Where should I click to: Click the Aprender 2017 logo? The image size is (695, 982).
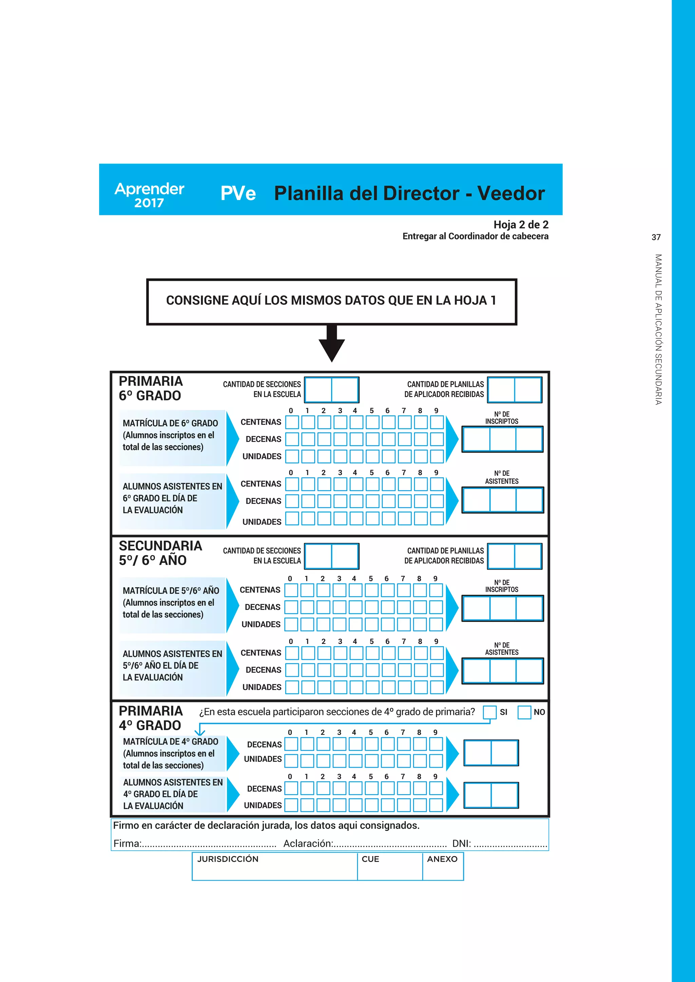(x=149, y=195)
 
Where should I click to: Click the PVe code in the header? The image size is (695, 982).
(x=238, y=193)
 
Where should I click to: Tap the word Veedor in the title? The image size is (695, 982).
(x=511, y=193)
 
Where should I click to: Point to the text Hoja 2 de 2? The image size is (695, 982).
(x=521, y=224)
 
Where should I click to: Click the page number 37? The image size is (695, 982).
(x=656, y=237)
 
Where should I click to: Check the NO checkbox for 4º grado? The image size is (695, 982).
(x=524, y=712)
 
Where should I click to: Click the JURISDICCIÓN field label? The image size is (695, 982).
(x=228, y=859)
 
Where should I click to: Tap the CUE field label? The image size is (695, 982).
(x=370, y=859)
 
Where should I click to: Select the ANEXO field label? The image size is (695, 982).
(x=442, y=859)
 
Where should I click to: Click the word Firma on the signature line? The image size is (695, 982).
(x=127, y=843)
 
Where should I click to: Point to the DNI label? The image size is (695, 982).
(x=461, y=843)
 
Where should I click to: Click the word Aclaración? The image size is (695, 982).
(x=307, y=843)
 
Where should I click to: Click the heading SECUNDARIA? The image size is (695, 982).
(x=160, y=546)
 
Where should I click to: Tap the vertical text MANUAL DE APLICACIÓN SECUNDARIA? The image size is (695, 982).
(x=658, y=329)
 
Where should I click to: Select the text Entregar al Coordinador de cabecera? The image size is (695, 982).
(x=475, y=236)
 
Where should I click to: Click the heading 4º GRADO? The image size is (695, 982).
(x=150, y=725)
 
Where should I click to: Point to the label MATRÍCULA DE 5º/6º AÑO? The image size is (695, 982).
(x=171, y=591)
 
